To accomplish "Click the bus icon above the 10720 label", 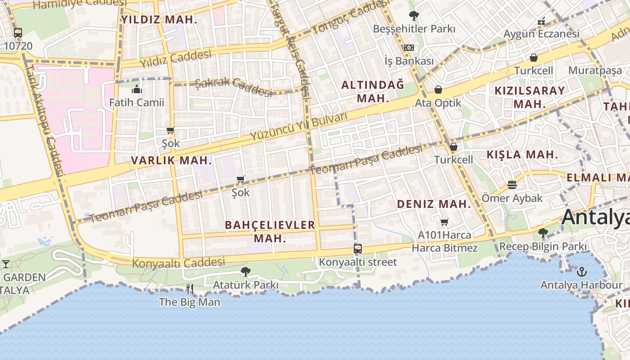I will (18, 32).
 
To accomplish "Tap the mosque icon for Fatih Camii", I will (137, 89).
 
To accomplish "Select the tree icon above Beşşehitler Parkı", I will (414, 16).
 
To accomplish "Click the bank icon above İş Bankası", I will (409, 48).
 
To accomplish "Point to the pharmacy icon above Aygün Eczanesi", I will (541, 21).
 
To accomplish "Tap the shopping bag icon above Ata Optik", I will (438, 90).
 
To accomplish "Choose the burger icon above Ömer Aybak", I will (512, 185).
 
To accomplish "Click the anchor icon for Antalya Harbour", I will (582, 272).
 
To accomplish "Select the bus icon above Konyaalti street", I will (358, 249).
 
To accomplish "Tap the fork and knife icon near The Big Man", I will (190, 288).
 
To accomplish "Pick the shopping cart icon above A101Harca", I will (445, 222).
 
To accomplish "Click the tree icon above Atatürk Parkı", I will (245, 271).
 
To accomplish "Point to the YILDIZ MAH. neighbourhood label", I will (159, 19).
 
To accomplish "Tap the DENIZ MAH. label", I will (433, 204).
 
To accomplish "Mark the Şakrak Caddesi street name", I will (234, 86).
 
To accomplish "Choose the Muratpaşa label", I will (595, 70).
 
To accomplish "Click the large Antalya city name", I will (595, 217).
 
